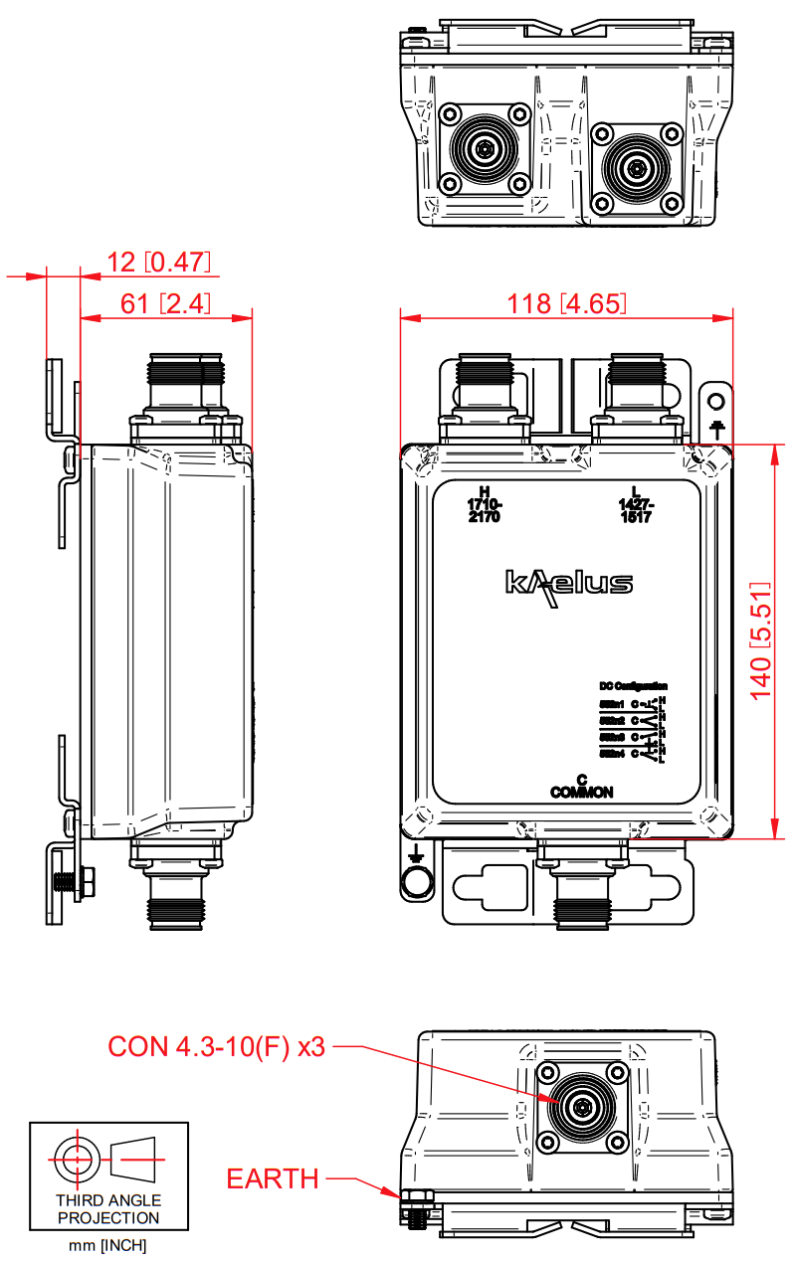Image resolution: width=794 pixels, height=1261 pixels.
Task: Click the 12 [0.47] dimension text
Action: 160,263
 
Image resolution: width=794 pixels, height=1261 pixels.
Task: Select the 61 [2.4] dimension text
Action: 165,304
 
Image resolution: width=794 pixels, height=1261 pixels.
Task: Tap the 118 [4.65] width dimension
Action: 568,303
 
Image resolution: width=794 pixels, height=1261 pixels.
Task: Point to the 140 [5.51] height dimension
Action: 761,640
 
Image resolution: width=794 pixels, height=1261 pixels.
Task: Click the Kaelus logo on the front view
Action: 568,584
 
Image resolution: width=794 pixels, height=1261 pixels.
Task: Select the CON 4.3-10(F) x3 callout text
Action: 217,1046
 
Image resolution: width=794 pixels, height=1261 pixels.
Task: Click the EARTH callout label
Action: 273,1179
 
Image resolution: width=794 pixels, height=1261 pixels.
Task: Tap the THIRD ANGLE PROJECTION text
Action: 108,1209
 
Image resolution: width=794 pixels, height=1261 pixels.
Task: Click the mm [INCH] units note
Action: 108,1244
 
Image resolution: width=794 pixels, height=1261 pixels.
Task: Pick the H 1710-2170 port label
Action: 485,505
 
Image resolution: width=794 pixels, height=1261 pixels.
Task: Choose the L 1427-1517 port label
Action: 635,505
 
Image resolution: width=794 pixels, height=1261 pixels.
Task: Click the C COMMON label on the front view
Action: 582,786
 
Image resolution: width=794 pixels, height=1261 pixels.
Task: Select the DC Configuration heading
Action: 633,686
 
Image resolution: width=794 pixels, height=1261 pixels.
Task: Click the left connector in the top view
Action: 485,150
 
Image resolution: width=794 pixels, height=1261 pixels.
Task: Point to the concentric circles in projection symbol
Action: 76,1159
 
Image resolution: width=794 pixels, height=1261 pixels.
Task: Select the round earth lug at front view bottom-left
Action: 417,881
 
